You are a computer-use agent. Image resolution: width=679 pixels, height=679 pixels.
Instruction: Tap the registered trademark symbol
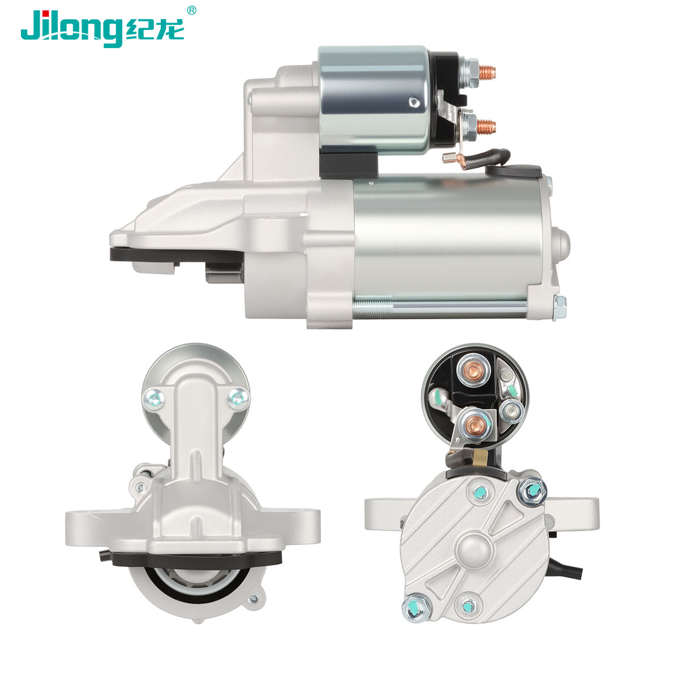tap(191, 10)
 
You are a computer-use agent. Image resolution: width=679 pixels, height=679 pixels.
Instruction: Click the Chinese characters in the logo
tap(155, 29)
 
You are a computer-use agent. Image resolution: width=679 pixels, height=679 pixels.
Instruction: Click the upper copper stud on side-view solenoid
tap(487, 72)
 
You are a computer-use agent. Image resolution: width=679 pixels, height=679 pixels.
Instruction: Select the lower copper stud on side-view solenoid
tap(486, 127)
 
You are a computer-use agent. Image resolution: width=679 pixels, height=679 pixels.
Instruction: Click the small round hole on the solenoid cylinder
tap(415, 102)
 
